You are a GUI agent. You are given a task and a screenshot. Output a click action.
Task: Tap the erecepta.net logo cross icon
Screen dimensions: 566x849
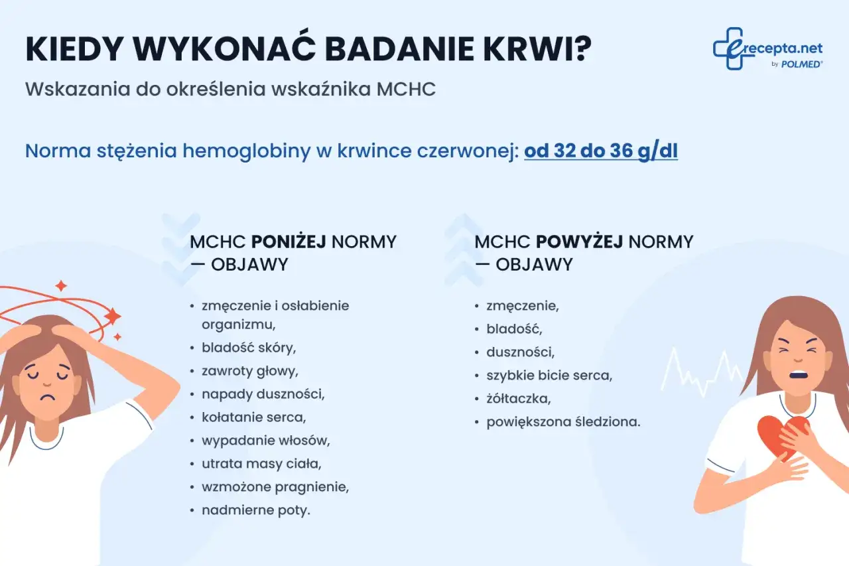[x=730, y=48]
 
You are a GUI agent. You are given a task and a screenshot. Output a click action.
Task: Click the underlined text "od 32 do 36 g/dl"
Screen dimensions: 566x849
[x=600, y=151]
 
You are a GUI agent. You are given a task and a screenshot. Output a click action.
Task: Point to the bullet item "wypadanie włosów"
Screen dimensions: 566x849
[x=265, y=440]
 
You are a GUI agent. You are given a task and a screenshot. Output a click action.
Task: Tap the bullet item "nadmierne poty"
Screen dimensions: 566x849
[x=256, y=510]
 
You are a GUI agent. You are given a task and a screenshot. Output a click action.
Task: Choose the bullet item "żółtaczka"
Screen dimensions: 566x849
[x=519, y=399]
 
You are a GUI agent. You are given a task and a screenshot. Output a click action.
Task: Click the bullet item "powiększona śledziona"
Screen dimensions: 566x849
[x=563, y=421]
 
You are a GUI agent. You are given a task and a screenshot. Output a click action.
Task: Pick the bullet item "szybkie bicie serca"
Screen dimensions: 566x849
[x=549, y=376]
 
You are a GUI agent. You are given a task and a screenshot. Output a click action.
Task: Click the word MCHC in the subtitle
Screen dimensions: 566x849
[x=405, y=90]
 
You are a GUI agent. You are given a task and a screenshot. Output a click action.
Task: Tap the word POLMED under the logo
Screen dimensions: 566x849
[x=803, y=64]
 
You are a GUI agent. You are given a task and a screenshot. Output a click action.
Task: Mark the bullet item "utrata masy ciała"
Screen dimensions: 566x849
[x=261, y=463]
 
